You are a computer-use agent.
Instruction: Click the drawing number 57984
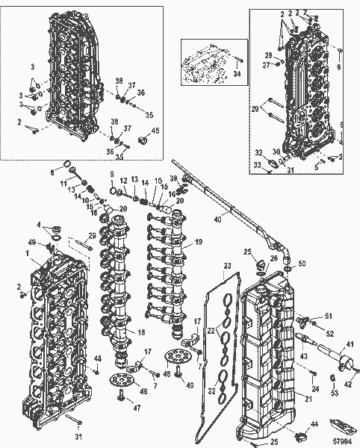(343, 441)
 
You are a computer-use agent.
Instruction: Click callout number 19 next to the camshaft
(199, 243)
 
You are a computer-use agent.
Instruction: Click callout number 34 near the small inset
(237, 74)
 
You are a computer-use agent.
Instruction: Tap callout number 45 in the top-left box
(155, 132)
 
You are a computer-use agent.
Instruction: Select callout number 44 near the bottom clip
(314, 425)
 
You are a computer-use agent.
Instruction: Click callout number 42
(349, 385)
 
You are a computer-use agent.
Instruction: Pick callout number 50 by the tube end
(302, 264)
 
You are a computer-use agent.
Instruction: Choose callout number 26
(274, 258)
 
